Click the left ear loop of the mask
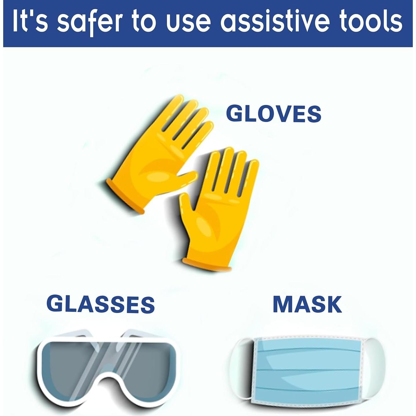[241, 367]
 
